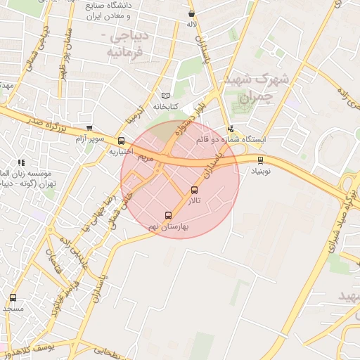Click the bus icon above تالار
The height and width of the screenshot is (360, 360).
[195, 190]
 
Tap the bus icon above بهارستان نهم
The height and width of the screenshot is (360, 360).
[167, 215]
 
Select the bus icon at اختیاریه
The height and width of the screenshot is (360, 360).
[122, 141]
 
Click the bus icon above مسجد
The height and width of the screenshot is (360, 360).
[13, 298]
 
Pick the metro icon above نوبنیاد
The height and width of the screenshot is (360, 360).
[260, 160]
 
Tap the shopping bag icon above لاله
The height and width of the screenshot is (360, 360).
[191, 13]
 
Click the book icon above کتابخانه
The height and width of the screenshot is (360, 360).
[166, 96]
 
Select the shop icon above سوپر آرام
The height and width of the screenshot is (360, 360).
[89, 128]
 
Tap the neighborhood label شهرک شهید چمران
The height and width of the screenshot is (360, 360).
[245, 89]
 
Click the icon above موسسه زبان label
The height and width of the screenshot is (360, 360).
[21, 162]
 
